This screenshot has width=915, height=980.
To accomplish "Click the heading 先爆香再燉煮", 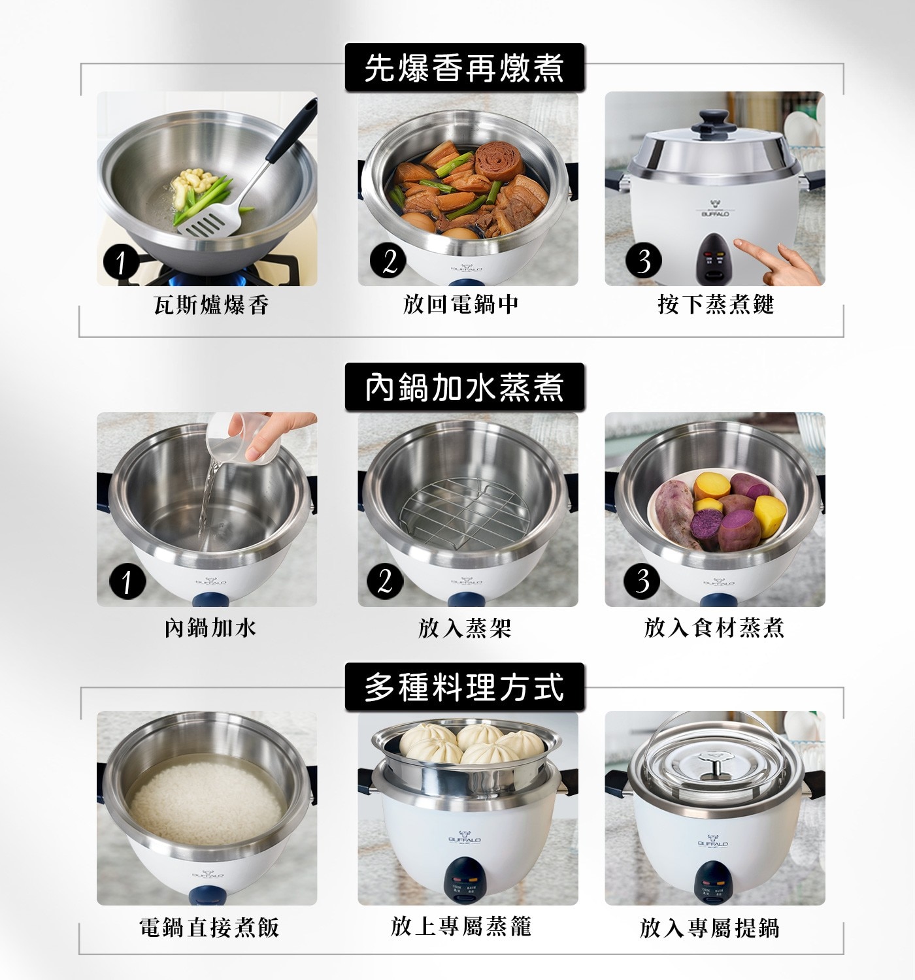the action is [x=464, y=67].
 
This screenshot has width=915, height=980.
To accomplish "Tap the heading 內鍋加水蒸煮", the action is [x=464, y=387].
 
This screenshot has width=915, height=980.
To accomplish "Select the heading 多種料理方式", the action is [x=464, y=687].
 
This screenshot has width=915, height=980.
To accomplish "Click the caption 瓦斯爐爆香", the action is [x=211, y=304].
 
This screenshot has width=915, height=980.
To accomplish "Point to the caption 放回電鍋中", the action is [x=461, y=304].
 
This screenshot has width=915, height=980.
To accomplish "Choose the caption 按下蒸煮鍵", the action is [x=716, y=304].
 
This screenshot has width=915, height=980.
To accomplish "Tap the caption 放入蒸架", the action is [x=464, y=628].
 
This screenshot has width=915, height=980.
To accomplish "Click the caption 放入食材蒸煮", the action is [x=714, y=628].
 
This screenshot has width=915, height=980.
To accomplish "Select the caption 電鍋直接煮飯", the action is [x=209, y=927].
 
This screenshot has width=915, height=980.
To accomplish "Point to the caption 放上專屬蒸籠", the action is [x=461, y=926].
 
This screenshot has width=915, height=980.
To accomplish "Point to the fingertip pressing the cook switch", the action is [x=739, y=243].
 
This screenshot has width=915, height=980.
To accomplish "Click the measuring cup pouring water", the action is [x=241, y=436].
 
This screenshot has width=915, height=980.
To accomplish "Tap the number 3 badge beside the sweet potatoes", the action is [x=642, y=581].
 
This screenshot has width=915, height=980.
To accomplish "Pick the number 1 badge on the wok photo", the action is [x=122, y=262].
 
